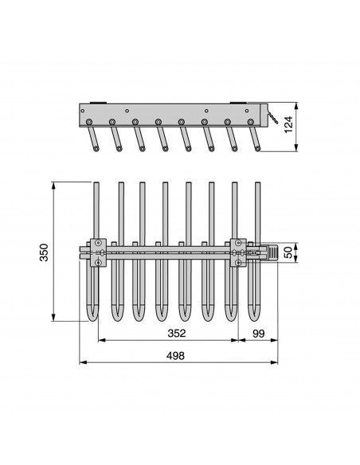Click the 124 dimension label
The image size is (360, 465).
[x=288, y=124]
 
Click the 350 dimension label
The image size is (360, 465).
[x=44, y=252]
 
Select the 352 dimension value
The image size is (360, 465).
[x=177, y=333]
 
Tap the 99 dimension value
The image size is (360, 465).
[x=258, y=334]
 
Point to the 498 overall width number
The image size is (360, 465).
[x=175, y=355]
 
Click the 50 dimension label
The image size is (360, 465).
[x=288, y=252]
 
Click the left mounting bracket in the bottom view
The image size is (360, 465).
[x=98, y=252]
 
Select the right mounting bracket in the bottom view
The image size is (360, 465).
[x=238, y=252]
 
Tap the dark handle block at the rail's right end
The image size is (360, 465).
[x=272, y=252]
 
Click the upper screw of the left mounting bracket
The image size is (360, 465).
[x=98, y=243]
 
